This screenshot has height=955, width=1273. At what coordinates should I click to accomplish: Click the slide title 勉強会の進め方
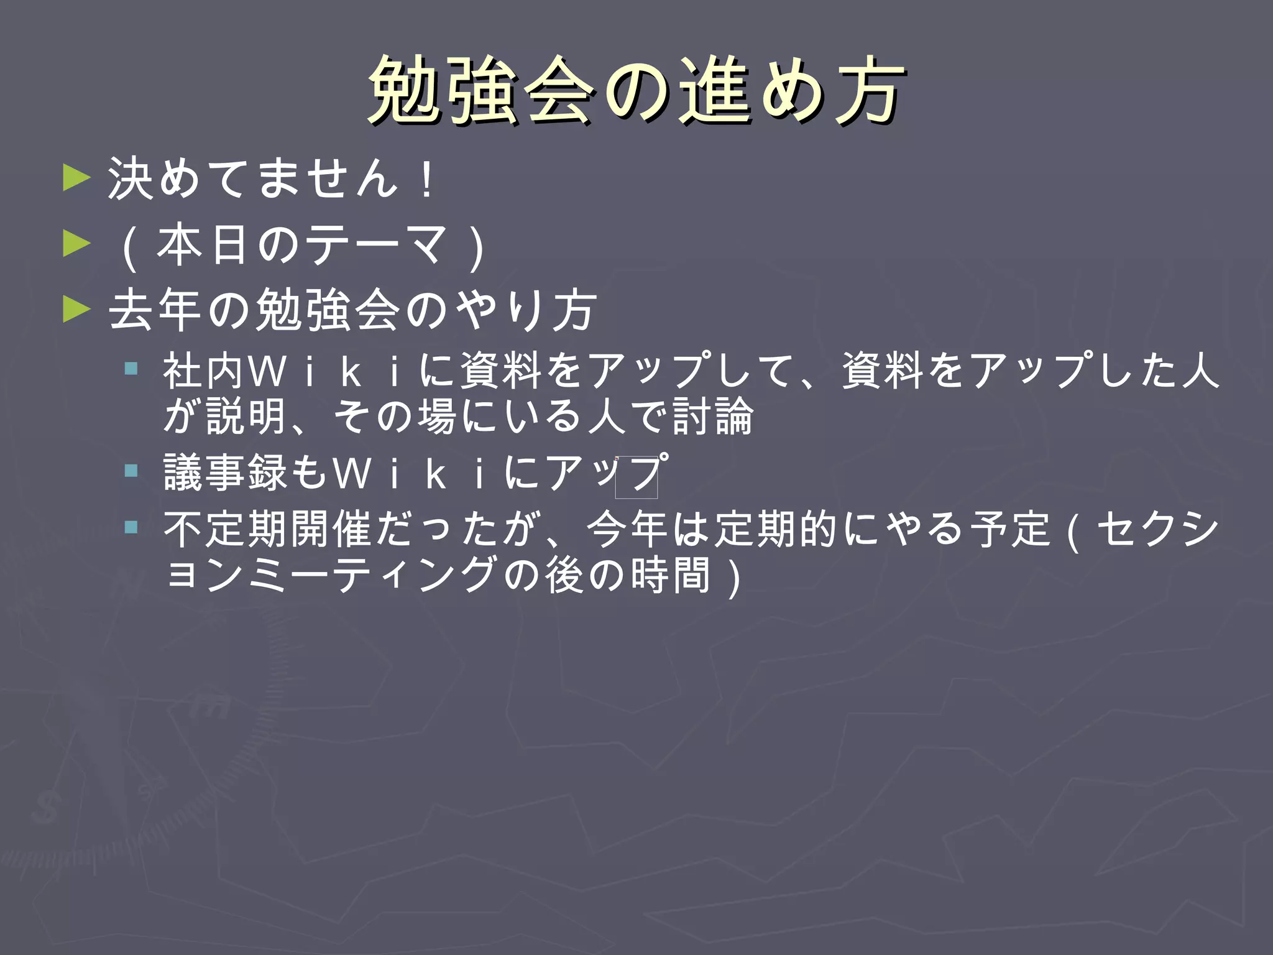pyautogui.click(x=635, y=90)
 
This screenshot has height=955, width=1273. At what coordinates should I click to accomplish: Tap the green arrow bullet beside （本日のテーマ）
pyautogui.click(x=77, y=244)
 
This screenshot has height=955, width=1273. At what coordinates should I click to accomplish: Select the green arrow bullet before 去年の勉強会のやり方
pyautogui.click(x=77, y=309)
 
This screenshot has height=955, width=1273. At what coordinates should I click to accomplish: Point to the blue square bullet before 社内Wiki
pyautogui.click(x=131, y=369)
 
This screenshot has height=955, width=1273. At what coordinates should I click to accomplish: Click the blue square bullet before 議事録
pyautogui.click(x=131, y=471)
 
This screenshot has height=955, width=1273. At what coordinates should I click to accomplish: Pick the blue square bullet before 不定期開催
pyautogui.click(x=131, y=528)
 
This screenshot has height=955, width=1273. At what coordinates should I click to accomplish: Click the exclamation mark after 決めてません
pyautogui.click(x=426, y=179)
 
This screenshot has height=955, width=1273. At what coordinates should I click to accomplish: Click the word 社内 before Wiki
pyautogui.click(x=204, y=371)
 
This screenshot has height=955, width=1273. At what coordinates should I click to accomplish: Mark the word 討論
pyautogui.click(x=714, y=415)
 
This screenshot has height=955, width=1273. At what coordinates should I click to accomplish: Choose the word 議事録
pyautogui.click(x=225, y=473)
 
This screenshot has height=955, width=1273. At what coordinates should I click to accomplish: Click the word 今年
pyautogui.click(x=629, y=529)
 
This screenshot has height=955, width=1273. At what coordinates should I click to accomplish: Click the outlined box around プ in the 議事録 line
pyautogui.click(x=636, y=477)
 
